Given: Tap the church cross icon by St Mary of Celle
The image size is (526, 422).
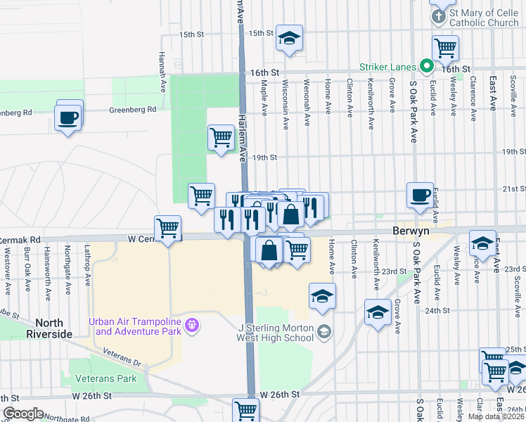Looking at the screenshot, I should pos(438,16).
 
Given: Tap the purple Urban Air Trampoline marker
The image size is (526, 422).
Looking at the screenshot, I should pos(193,326).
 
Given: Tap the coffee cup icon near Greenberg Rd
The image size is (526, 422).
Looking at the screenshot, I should pos(68,117).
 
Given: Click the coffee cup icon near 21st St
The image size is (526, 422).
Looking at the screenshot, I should pos(421,195).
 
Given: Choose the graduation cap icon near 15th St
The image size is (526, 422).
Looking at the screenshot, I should pos(288,39).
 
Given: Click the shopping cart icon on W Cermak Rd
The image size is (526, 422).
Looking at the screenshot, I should pos(168,228).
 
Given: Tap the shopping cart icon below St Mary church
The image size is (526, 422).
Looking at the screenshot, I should pos(445,48).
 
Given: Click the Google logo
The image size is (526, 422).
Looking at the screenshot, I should pos(23,414).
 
